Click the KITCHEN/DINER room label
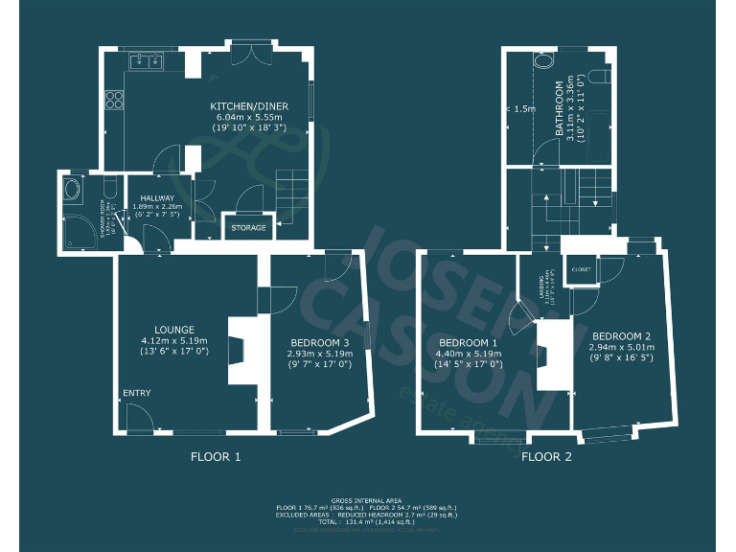(249, 105)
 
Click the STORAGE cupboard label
(248, 228)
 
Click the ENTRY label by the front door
(136, 393)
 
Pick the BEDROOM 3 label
(318, 342)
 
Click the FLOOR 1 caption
(216, 457)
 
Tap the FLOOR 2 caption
(546, 457)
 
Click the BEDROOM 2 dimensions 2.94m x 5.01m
(620, 347)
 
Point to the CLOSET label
(581, 269)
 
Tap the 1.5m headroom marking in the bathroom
(523, 109)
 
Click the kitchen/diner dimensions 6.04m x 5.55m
(249, 116)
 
